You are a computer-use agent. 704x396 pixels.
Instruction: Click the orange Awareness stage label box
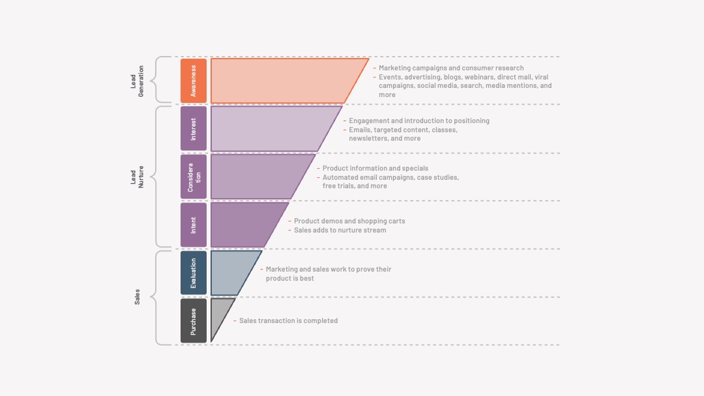point(194,81)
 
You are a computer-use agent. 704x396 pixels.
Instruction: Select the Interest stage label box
point(194,129)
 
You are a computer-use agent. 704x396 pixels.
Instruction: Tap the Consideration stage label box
point(194,177)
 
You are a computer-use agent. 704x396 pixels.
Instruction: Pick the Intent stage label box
point(194,225)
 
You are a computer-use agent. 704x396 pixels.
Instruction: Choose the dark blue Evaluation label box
point(194,273)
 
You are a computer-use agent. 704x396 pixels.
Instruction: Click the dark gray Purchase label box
point(194,320)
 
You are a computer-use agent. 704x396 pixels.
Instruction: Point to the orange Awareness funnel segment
point(278,81)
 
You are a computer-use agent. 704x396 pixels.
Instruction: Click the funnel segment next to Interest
point(265,129)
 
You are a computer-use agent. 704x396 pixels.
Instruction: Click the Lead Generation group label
point(137,81)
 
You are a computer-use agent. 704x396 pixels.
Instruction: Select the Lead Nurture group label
point(137,177)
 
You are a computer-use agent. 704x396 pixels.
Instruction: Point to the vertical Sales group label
point(137,297)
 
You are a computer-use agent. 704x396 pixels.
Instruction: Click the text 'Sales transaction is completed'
point(288,320)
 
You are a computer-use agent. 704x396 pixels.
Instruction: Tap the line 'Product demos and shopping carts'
point(349,221)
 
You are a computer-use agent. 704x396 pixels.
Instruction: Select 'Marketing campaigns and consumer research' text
point(451,68)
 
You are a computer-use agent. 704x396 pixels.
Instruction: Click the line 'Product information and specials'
point(375,168)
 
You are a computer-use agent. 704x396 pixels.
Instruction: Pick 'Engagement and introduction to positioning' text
point(419,120)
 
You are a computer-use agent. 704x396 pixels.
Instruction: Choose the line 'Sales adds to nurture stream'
point(340,230)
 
